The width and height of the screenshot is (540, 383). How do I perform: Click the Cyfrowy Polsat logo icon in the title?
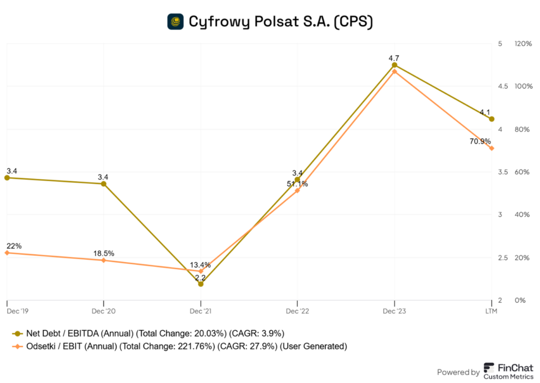tap(176, 21)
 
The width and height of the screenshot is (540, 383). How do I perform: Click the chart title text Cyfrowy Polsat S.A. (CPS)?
tap(281, 22)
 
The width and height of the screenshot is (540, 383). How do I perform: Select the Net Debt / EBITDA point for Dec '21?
tap(200, 284)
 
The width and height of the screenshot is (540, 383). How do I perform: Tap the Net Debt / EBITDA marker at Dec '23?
tap(394, 65)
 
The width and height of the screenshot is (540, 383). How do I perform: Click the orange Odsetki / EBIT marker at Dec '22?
tap(297, 190)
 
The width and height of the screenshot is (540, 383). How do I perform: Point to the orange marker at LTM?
tap(491, 148)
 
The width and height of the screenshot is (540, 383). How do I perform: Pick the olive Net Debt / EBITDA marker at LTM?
tap(491, 119)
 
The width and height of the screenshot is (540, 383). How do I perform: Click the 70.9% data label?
tap(480, 141)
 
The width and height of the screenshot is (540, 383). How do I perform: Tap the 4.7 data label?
tap(394, 56)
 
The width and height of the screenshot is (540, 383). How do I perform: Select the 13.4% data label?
tap(200, 265)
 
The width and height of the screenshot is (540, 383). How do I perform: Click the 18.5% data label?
tap(103, 253)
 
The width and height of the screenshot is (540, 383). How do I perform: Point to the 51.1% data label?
tap(297, 184)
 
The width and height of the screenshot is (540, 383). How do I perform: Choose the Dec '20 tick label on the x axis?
tap(103, 311)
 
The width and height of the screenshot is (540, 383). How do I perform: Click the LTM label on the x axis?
tap(491, 311)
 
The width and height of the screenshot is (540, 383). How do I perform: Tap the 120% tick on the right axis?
tap(523, 43)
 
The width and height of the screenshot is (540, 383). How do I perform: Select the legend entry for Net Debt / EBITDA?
tap(149, 333)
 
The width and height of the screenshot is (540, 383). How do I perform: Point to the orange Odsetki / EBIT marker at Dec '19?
tap(7, 253)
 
